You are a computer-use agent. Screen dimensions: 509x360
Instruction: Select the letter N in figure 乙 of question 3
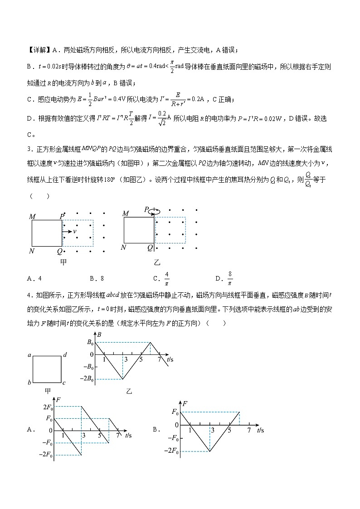pos(123,247)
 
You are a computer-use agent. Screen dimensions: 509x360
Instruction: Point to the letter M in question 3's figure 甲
pos(32,216)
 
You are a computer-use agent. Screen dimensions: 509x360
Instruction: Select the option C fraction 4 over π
pos(166,278)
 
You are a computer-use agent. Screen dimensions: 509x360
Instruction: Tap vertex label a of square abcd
pos(29,355)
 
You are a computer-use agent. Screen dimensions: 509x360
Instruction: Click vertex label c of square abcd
pos(64,383)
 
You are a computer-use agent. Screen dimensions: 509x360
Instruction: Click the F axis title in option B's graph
pos(185,402)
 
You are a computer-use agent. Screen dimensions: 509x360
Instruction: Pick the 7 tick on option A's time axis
pos(118,436)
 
